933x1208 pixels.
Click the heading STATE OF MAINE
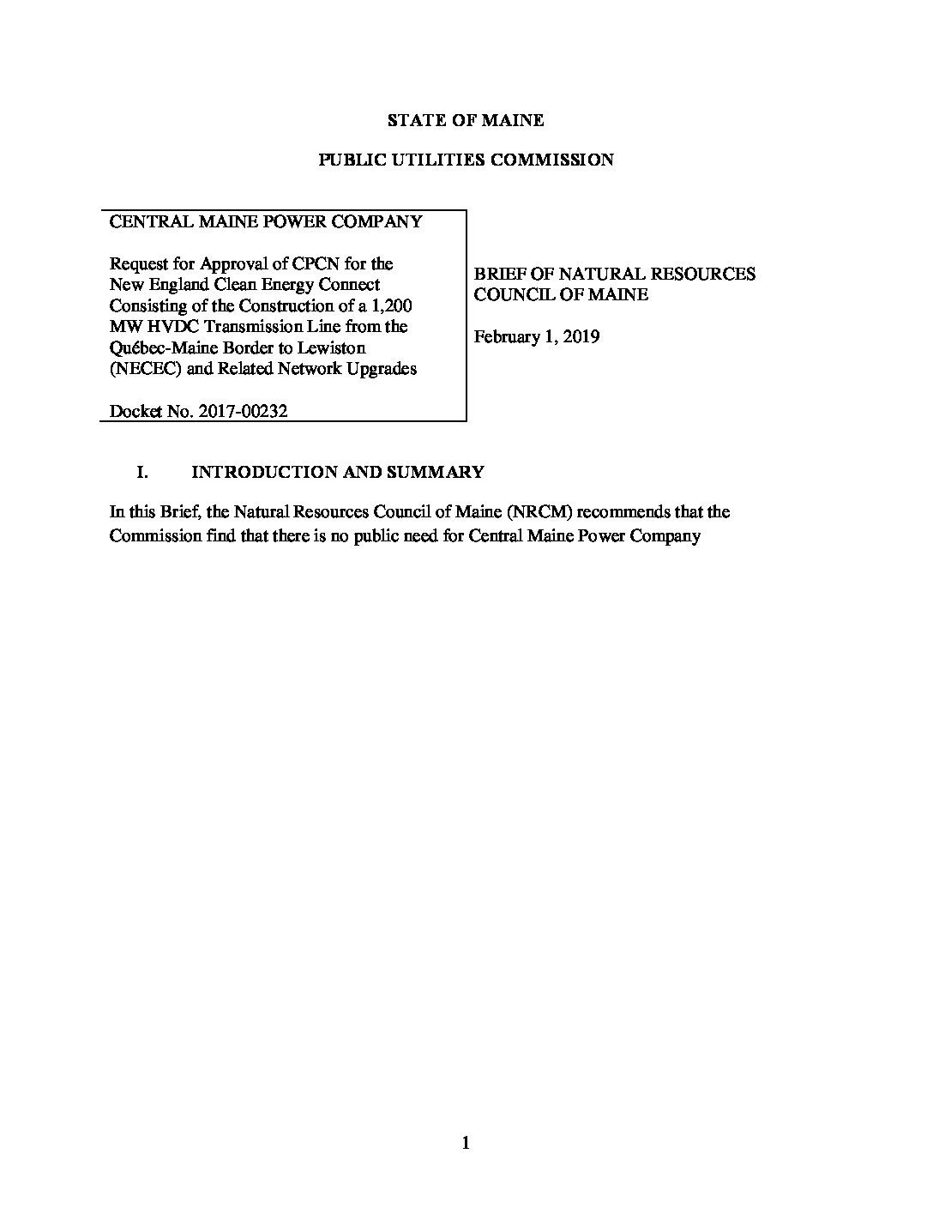click(x=466, y=120)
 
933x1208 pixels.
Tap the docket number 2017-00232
click(x=242, y=411)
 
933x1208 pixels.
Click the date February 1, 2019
click(x=537, y=336)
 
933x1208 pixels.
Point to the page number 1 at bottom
click(x=466, y=1142)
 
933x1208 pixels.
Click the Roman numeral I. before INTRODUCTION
click(x=143, y=472)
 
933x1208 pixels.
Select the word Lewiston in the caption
click(x=334, y=348)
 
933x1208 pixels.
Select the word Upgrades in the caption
click(x=383, y=369)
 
